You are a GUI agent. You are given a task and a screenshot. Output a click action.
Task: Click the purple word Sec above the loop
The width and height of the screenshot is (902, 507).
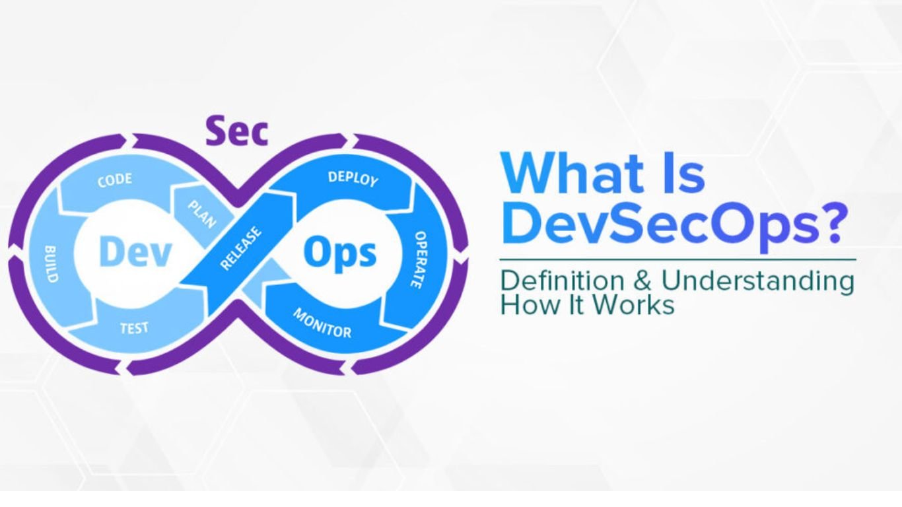(237, 131)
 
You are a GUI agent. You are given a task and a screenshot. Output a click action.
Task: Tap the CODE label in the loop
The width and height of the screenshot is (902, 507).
(114, 180)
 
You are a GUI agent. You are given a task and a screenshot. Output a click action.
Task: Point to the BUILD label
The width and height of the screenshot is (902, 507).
(52, 264)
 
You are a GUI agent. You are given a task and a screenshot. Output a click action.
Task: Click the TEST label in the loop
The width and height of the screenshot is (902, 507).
(134, 327)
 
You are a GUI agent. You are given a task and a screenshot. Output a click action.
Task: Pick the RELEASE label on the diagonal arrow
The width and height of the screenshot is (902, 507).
(240, 249)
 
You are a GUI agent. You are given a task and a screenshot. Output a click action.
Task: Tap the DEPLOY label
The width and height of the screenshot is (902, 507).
(353, 178)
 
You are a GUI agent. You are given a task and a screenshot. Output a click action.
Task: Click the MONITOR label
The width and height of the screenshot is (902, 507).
(322, 323)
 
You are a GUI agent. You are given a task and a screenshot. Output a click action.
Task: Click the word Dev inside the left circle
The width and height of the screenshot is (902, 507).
(135, 253)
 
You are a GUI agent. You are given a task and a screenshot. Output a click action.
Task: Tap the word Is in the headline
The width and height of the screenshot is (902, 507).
(681, 172)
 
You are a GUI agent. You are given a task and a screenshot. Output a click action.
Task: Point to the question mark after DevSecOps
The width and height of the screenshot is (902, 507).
(829, 224)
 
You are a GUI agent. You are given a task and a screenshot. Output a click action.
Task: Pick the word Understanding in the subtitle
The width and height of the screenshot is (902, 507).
(757, 281)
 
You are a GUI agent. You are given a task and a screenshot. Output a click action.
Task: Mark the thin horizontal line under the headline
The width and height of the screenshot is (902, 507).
(677, 259)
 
